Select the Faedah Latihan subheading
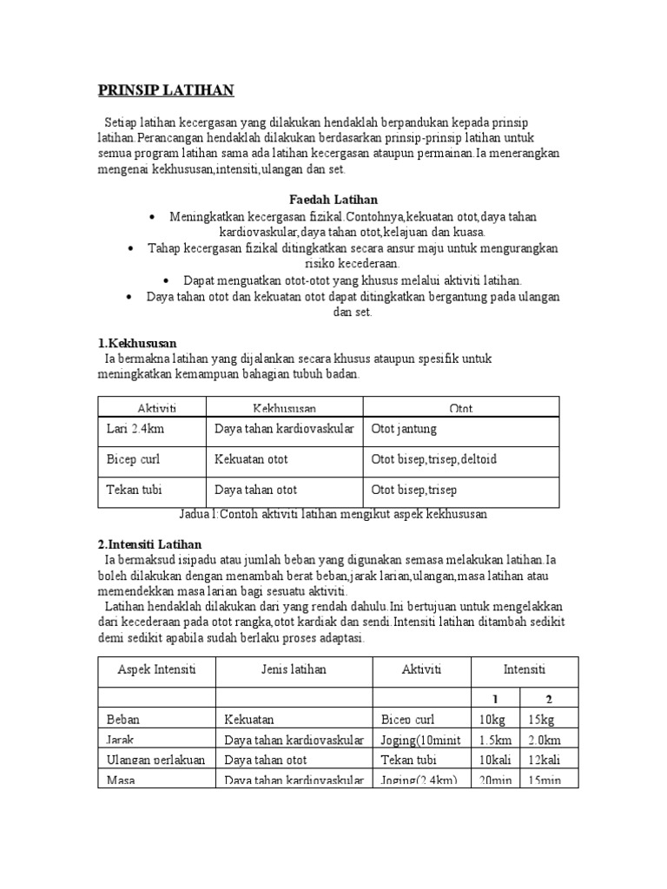pos(333,200)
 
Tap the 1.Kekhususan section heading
pos(136,343)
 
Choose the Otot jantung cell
pos(404,429)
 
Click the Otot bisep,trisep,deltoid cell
pos(433,458)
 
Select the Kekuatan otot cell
pos(251,458)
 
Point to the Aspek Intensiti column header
pos(156,670)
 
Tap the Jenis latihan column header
pos(294,670)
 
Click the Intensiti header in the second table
pos(524,670)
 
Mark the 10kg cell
pos(492,720)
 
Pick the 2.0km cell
pos(545,740)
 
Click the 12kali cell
pos(545,760)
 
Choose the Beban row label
pos(122,720)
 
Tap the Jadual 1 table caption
pos(333,514)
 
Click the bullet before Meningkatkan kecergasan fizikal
pos(152,216)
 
